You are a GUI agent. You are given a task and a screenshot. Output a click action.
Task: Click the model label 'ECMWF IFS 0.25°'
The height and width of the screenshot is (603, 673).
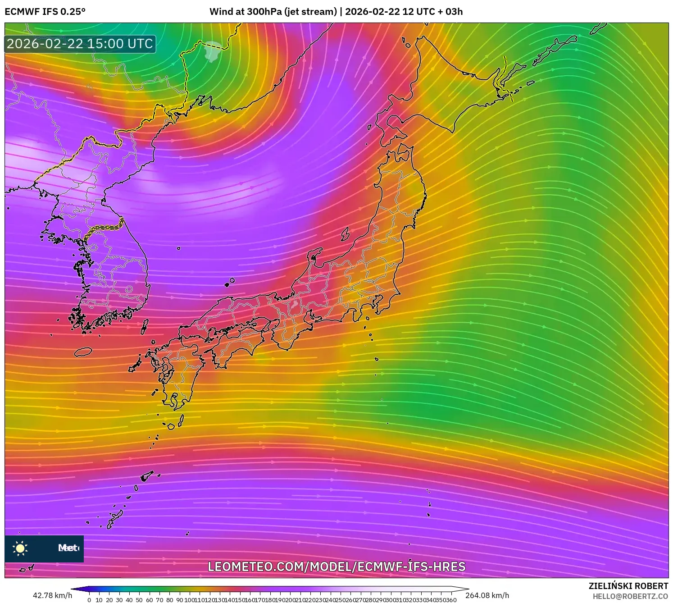pyautogui.click(x=45, y=12)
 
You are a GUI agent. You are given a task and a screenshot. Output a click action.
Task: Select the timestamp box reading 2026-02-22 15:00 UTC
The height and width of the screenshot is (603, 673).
pyautogui.click(x=80, y=44)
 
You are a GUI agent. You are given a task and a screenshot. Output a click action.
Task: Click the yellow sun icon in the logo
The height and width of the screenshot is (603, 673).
pyautogui.click(x=20, y=548)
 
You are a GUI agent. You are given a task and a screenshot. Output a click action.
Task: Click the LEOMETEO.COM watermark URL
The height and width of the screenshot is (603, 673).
pyautogui.click(x=336, y=566)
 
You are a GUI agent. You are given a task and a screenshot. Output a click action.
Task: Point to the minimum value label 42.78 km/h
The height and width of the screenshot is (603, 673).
pyautogui.click(x=52, y=595)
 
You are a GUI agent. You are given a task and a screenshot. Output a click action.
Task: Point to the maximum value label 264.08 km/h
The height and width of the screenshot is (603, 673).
pyautogui.click(x=487, y=595)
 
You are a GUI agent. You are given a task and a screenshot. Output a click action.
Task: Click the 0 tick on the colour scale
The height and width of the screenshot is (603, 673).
pyautogui.click(x=89, y=600)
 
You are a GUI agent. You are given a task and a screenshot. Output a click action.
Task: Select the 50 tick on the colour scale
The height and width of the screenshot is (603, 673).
pyautogui.click(x=139, y=600)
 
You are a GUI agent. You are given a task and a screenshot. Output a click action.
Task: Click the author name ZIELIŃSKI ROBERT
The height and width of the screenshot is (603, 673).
pyautogui.click(x=628, y=586)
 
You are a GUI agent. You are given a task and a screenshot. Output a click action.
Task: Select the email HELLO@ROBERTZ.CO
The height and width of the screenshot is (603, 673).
pyautogui.click(x=630, y=596)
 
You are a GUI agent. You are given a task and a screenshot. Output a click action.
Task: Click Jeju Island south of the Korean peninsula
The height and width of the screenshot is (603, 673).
pyautogui.click(x=83, y=352)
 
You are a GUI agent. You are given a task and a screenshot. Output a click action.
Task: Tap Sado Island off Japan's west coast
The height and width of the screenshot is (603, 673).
pyautogui.click(x=345, y=234)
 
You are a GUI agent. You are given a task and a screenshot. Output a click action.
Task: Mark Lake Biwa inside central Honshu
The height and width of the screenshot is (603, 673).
pyautogui.click(x=295, y=304)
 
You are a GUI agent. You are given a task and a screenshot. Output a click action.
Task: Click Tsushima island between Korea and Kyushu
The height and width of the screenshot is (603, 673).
pyautogui.click(x=145, y=326)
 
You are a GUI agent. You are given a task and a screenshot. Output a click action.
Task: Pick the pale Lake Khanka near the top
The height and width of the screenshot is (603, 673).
pyautogui.click(x=213, y=51)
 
